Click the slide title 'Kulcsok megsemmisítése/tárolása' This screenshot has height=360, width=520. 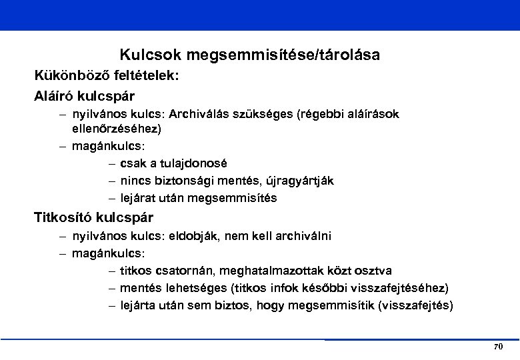250,55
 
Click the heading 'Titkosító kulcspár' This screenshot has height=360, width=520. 93,217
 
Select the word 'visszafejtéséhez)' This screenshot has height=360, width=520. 404,288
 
